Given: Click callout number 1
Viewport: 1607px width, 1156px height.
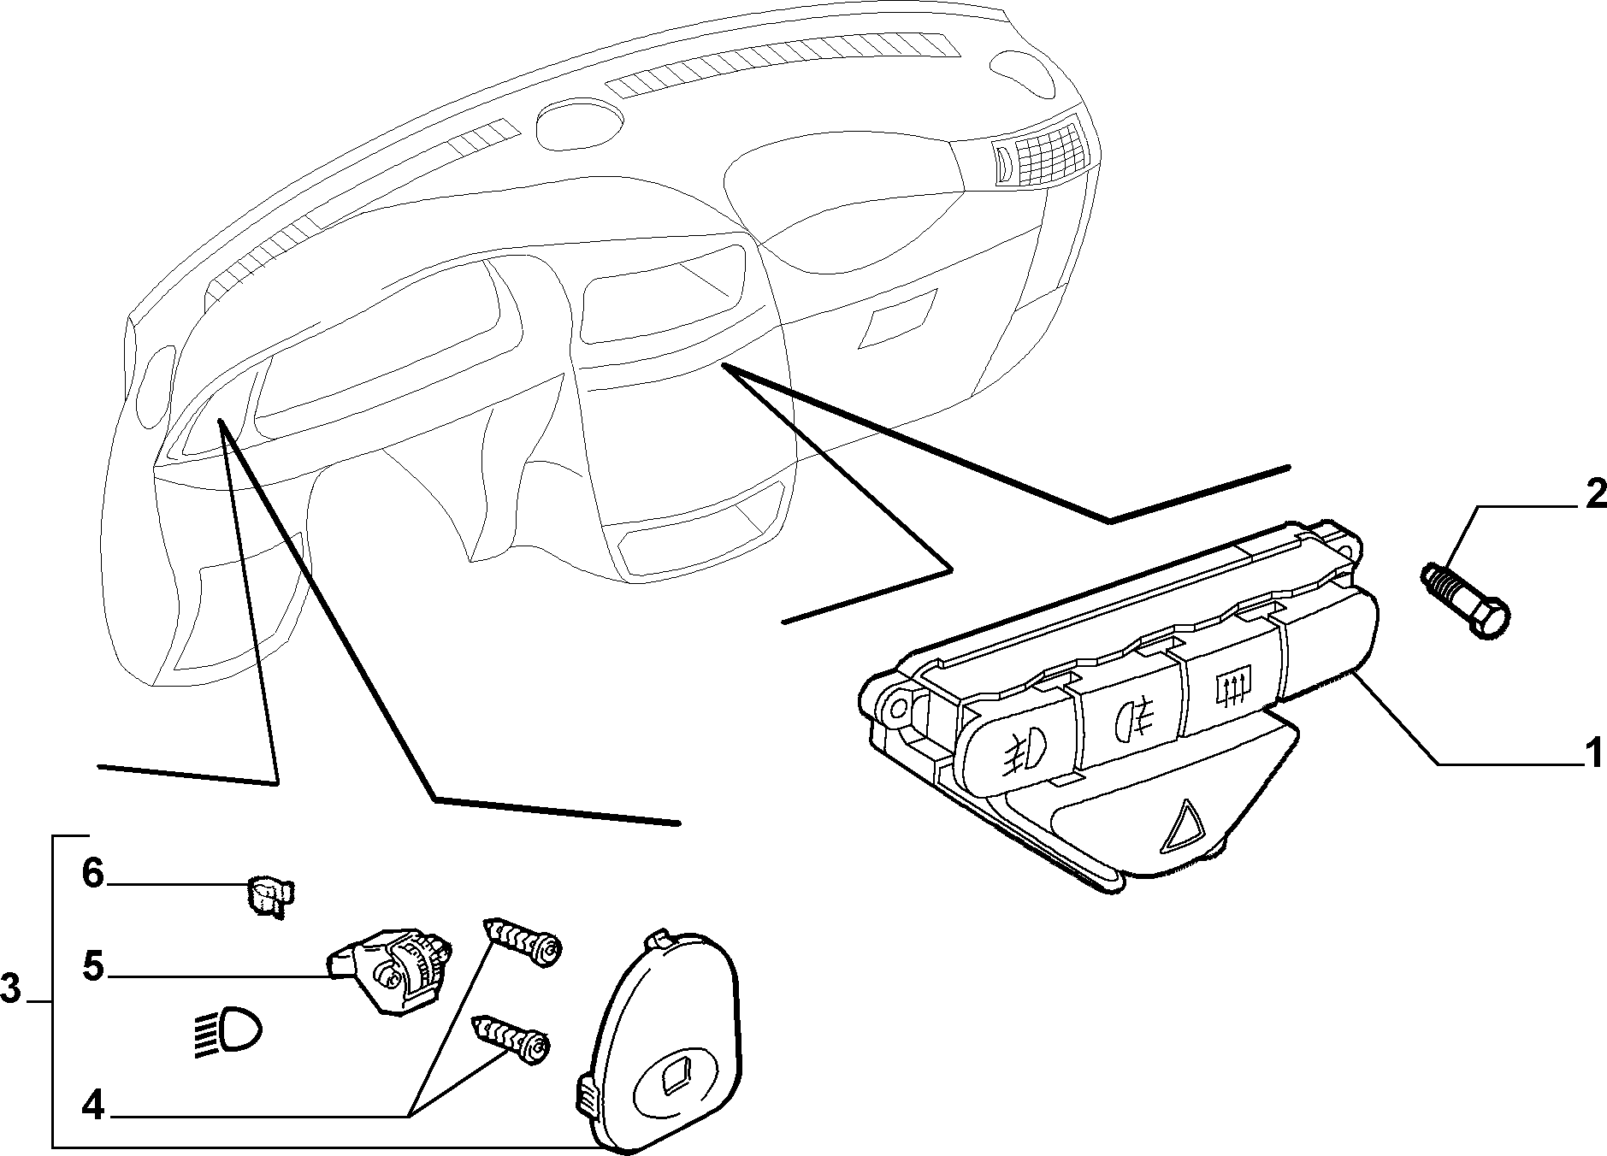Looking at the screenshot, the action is coord(1592,756).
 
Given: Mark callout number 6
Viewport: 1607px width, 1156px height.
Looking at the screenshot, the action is coord(93,874).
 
